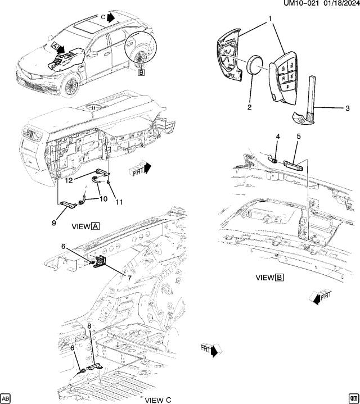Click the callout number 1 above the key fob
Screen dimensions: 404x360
click(270, 19)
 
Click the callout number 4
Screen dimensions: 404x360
click(277, 137)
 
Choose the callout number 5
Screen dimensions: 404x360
click(298, 136)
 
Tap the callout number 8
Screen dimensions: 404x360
click(89, 325)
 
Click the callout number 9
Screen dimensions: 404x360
click(55, 223)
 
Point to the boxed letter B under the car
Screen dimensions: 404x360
click(141, 72)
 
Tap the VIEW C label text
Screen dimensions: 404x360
click(157, 400)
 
